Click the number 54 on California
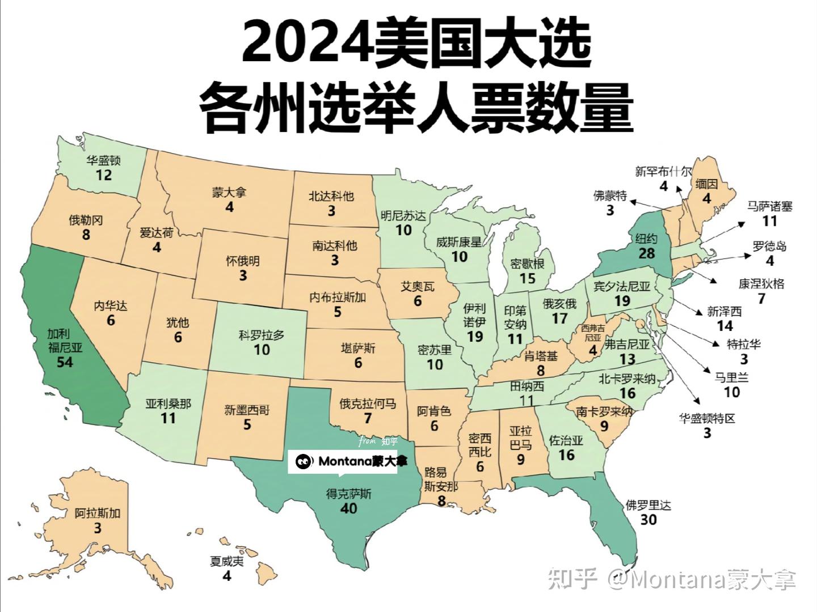[x=65, y=361]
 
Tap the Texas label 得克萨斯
[x=348, y=494]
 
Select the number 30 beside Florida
[x=648, y=519]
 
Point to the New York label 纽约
[x=646, y=239]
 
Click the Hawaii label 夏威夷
[x=227, y=562]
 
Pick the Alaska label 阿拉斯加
[x=98, y=514]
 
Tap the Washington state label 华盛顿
[x=104, y=160]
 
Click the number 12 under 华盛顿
[x=104, y=175]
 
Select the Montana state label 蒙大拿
[x=229, y=193]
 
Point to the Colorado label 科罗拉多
[x=262, y=335]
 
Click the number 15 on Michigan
[x=527, y=278]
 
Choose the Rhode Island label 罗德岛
[x=769, y=246]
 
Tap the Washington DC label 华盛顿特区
[x=707, y=419]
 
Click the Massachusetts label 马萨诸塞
[x=769, y=206]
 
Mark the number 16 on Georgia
[x=566, y=455]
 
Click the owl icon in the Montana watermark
[x=304, y=462]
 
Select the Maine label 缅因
[x=706, y=184]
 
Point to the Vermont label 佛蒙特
[x=610, y=196]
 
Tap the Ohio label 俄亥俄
[x=559, y=304]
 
